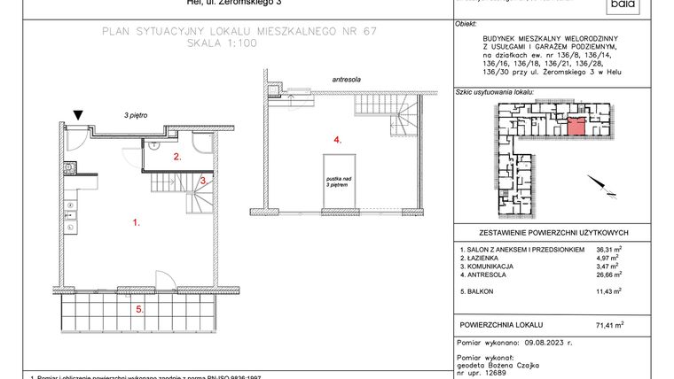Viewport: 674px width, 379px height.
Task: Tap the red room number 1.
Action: click(x=136, y=224)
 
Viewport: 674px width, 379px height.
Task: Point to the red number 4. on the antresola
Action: click(x=337, y=140)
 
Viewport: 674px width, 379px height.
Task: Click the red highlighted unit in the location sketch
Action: click(x=576, y=127)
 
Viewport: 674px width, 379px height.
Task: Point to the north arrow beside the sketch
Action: click(x=606, y=188)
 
